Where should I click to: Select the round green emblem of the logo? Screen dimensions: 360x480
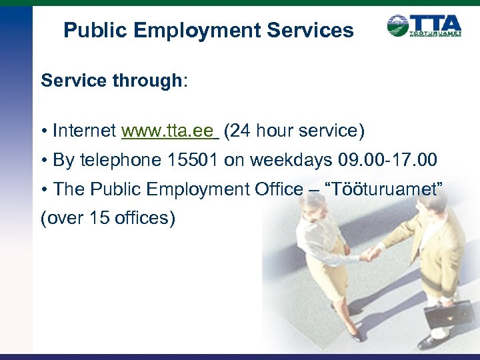pos(398,26)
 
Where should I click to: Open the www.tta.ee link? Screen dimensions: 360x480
pos(169,131)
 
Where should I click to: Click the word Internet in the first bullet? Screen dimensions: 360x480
pos(85,131)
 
